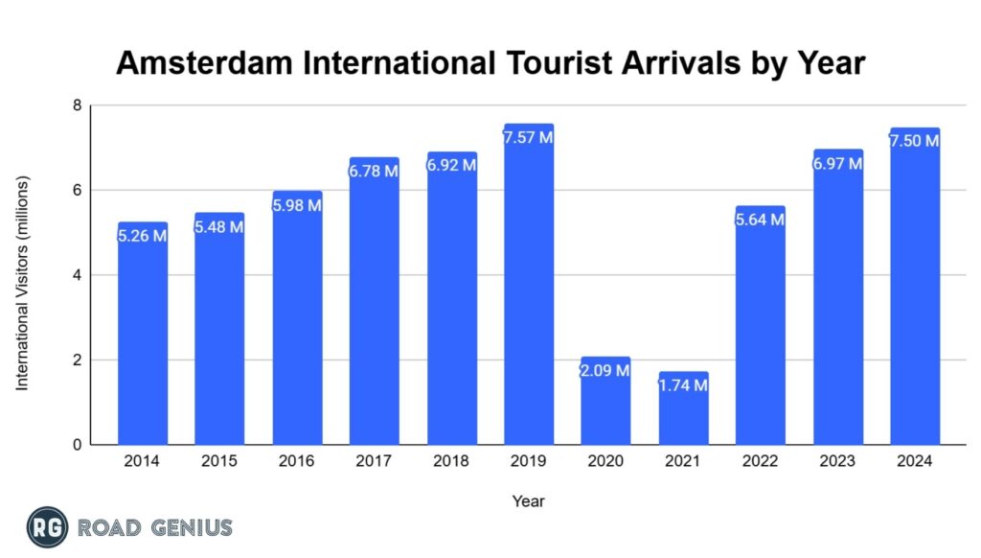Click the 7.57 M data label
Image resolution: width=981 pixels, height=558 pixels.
528,138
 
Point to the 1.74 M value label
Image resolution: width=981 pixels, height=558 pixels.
683,385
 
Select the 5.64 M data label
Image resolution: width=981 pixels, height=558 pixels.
760,220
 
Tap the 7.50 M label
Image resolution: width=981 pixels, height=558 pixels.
914,141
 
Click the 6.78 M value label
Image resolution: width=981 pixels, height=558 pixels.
374,171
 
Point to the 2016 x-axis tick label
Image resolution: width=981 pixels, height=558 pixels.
297,461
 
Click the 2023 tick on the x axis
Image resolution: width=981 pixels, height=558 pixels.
837,461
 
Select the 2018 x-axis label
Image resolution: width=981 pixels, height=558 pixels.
451,461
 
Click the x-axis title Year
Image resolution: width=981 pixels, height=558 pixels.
528,500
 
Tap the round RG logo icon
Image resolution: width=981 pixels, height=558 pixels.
47,527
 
